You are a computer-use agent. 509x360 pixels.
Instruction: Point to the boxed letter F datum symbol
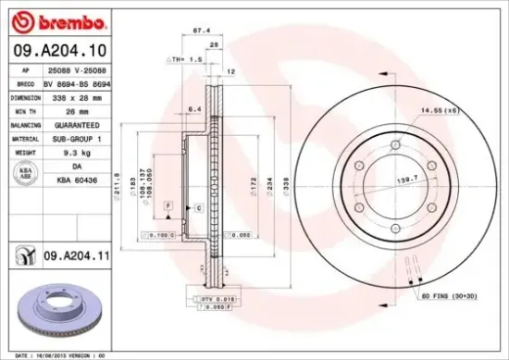pos(168,204)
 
